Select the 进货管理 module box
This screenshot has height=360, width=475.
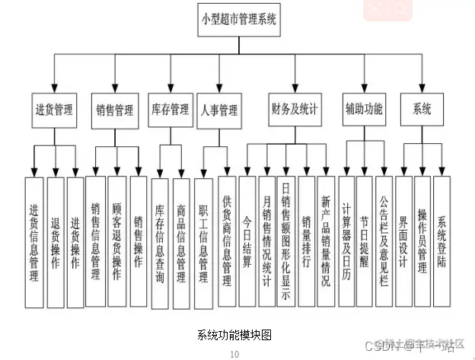coord(53,109)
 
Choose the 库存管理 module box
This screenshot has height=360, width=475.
coord(170,109)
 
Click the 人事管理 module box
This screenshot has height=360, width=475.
coord(219,109)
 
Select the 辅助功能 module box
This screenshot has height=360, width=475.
coord(363,109)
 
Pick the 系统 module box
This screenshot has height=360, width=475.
coord(422,109)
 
